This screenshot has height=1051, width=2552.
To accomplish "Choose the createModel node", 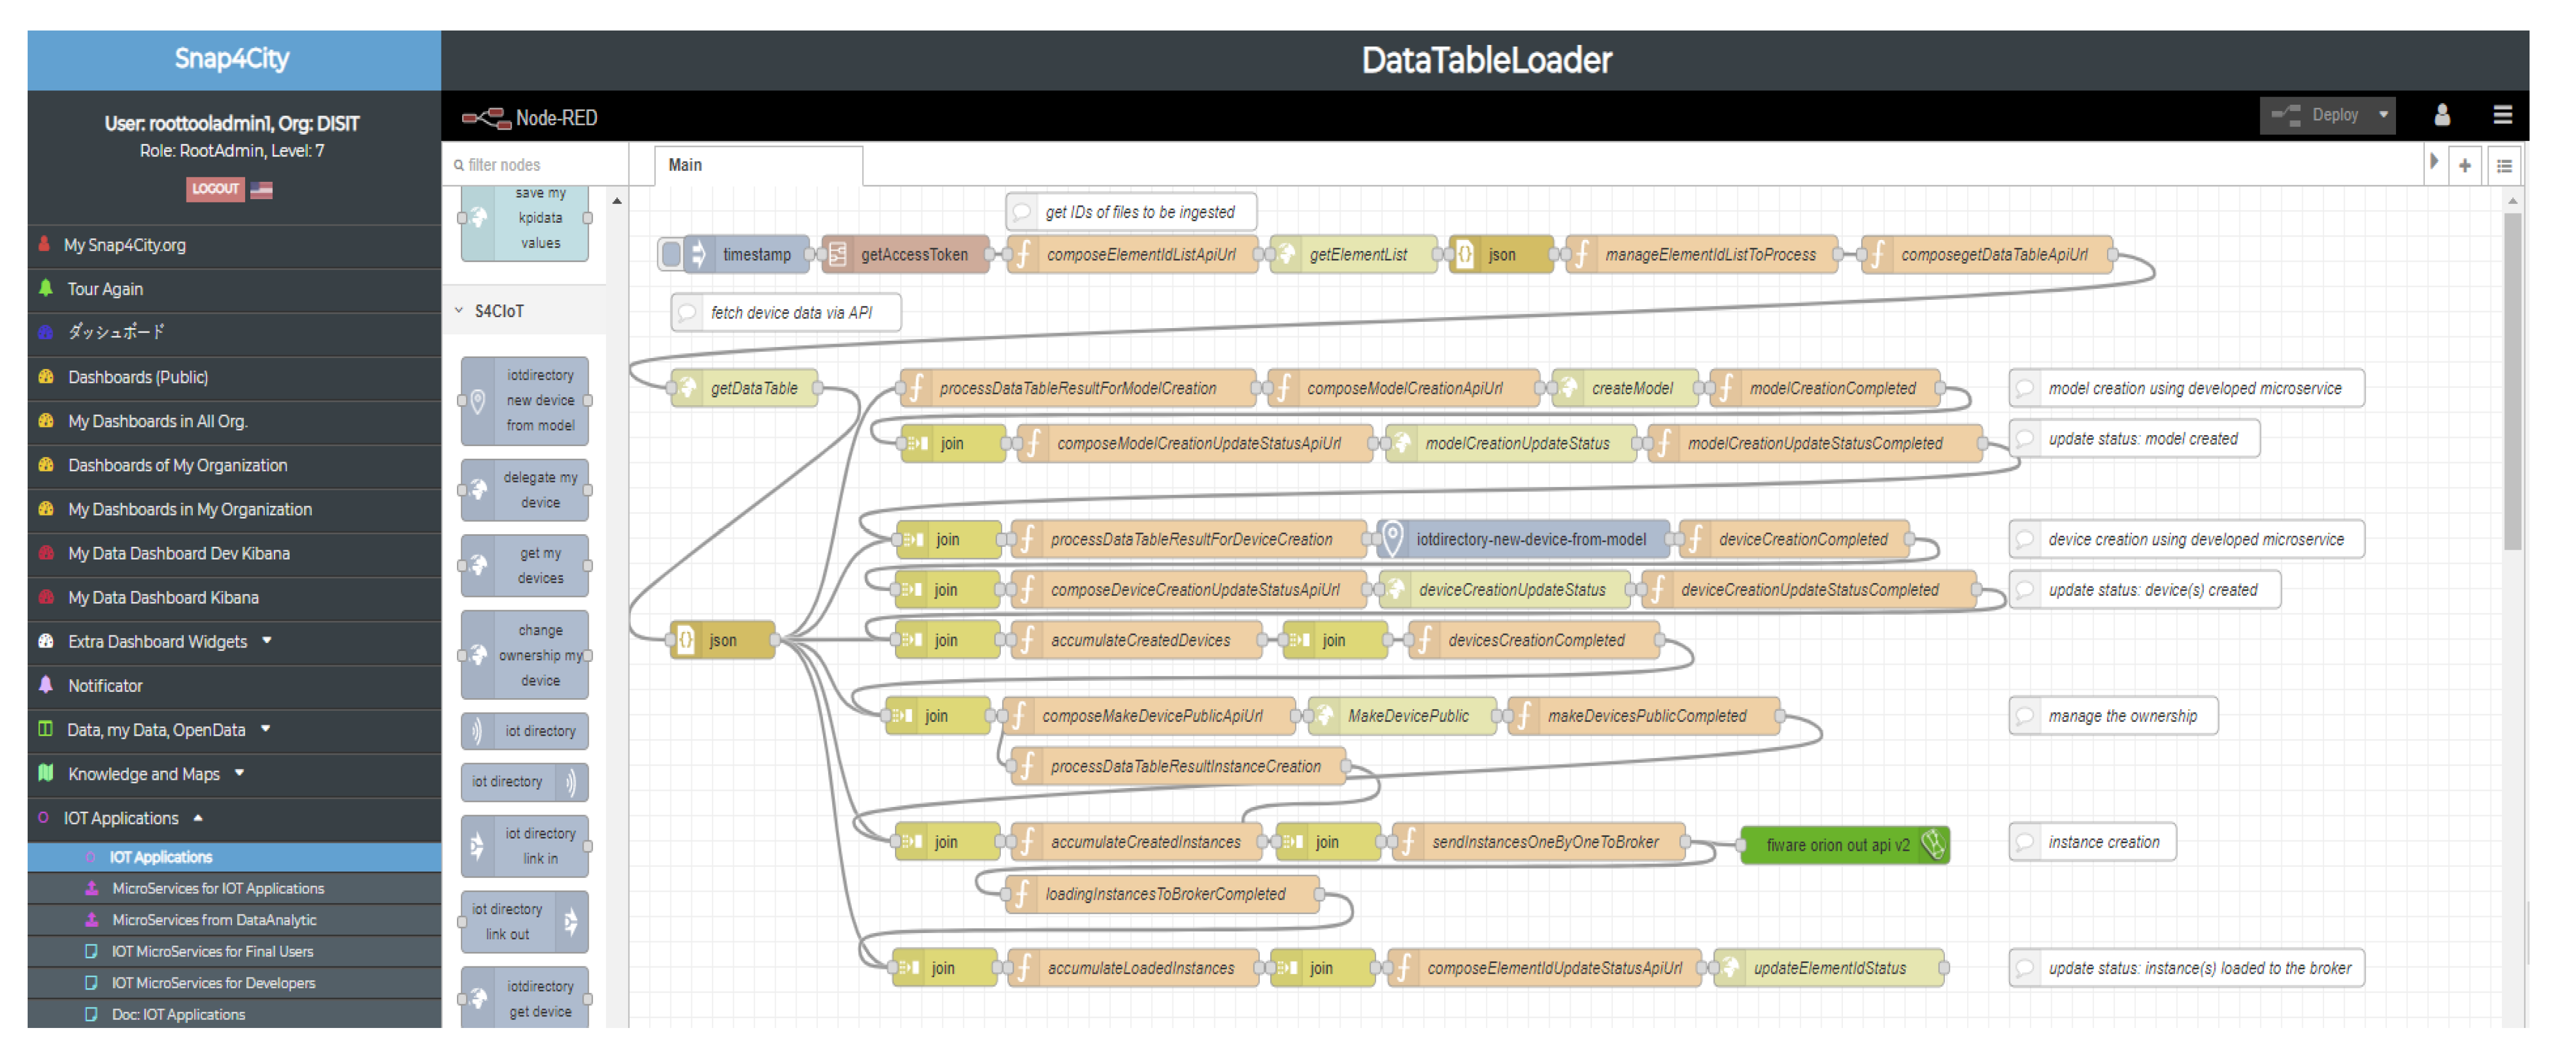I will coord(1631,389).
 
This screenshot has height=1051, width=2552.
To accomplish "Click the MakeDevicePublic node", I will coord(1407,716).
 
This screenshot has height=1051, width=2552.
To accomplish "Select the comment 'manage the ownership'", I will coord(2120,716).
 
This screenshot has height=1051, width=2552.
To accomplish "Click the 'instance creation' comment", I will coord(2101,842).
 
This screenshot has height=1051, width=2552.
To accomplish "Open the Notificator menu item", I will coord(105,686).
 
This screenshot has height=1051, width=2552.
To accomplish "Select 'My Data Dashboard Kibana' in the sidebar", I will coord(163,597).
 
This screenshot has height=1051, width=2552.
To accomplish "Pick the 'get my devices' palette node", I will coord(525,566).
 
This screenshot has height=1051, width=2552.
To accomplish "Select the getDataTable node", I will coord(752,389).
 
